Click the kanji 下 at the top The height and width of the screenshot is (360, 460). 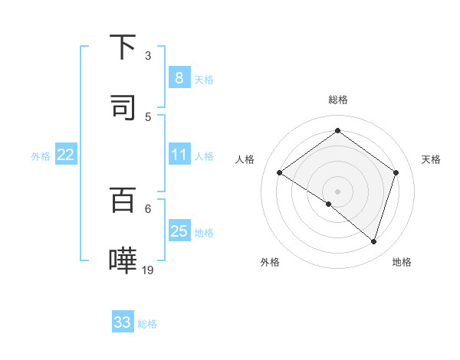point(123,47)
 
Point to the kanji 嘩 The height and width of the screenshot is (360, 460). point(123,259)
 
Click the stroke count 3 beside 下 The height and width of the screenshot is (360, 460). point(148,56)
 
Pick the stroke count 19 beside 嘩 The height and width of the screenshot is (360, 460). point(148,269)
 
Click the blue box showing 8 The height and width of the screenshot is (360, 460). point(179,77)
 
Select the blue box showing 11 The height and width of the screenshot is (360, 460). point(179,155)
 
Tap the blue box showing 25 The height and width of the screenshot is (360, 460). point(179,231)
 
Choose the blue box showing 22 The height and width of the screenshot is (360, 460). point(65,155)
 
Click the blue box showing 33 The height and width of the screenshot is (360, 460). point(123,322)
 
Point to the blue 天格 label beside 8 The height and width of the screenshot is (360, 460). point(204,79)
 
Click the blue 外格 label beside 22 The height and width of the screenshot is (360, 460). point(41,156)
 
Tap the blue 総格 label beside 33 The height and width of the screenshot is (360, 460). point(148,324)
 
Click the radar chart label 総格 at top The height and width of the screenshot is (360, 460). point(337,100)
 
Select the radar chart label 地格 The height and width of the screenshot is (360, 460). point(402,262)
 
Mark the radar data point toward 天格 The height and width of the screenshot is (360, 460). point(396,172)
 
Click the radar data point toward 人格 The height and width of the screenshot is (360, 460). point(279,172)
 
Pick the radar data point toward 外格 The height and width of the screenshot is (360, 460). point(329,204)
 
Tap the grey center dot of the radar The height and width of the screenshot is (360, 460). point(337,191)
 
